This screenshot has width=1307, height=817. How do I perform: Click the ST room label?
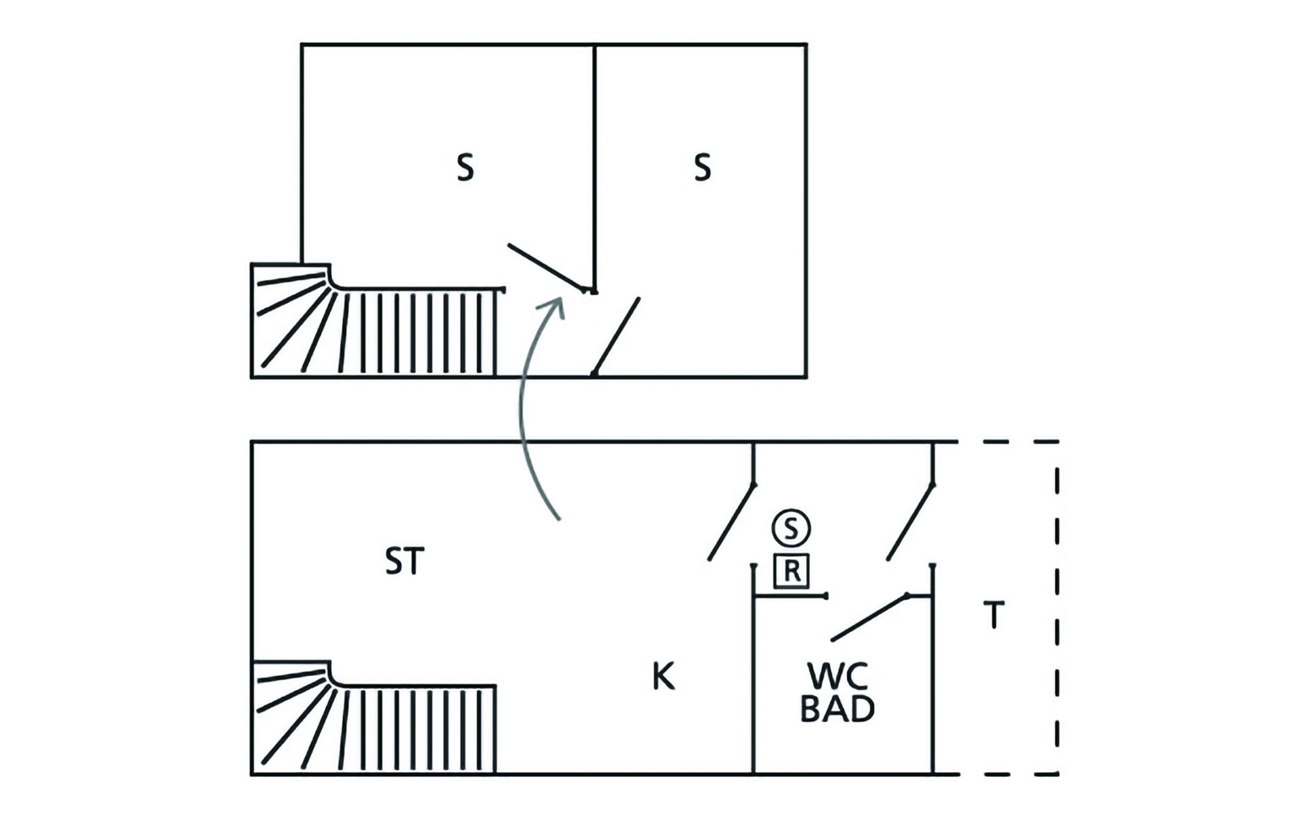pyautogui.click(x=404, y=561)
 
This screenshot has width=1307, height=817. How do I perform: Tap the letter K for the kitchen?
pyautogui.click(x=663, y=677)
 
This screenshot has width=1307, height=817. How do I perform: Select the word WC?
pyautogui.click(x=837, y=677)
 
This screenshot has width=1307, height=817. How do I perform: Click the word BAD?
pyautogui.click(x=837, y=709)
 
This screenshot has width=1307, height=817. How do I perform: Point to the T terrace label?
pyautogui.click(x=994, y=615)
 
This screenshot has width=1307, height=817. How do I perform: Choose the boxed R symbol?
pyautogui.click(x=791, y=571)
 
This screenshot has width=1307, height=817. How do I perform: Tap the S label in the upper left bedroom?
pyautogui.click(x=465, y=167)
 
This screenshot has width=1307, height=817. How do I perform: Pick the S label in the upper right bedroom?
pyautogui.click(x=703, y=167)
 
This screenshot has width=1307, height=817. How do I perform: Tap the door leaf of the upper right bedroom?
pyautogui.click(x=617, y=336)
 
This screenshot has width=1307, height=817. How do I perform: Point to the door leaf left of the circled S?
pyautogui.click(x=732, y=522)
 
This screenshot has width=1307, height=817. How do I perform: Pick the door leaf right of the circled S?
pyautogui.click(x=910, y=522)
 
